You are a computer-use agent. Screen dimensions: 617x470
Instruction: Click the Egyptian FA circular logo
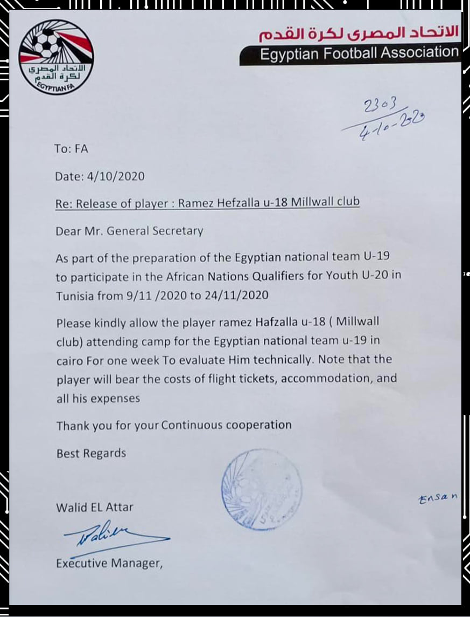56,58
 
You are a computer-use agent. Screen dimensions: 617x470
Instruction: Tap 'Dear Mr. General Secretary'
129,231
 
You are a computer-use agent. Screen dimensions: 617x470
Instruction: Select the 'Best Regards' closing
91,453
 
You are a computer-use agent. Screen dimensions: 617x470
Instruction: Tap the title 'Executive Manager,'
109,564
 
